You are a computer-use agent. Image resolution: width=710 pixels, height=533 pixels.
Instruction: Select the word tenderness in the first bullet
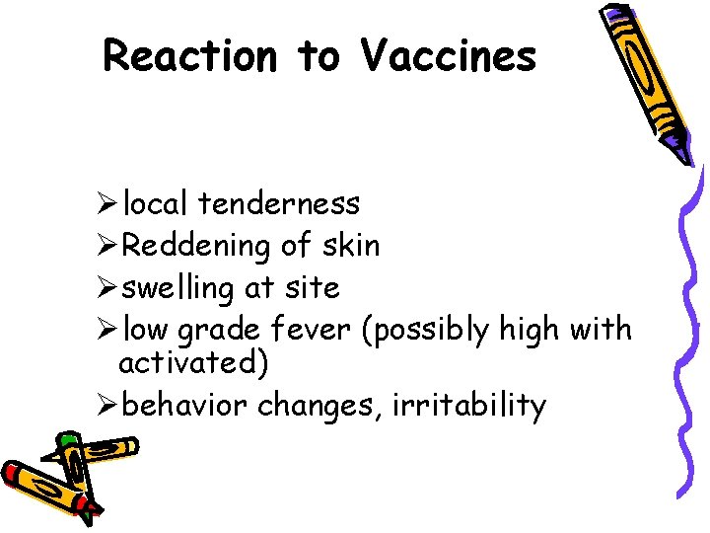[278, 204]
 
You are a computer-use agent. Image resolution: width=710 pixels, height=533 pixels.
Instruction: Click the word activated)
[193, 363]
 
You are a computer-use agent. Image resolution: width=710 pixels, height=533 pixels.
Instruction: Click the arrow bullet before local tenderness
[108, 204]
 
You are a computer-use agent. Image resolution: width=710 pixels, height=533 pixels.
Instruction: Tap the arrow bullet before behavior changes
[108, 406]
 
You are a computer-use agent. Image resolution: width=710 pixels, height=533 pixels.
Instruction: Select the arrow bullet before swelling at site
[108, 289]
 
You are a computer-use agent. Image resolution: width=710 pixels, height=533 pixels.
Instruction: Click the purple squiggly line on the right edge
[689, 336]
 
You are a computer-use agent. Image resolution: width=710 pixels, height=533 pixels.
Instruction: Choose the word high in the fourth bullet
[533, 329]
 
